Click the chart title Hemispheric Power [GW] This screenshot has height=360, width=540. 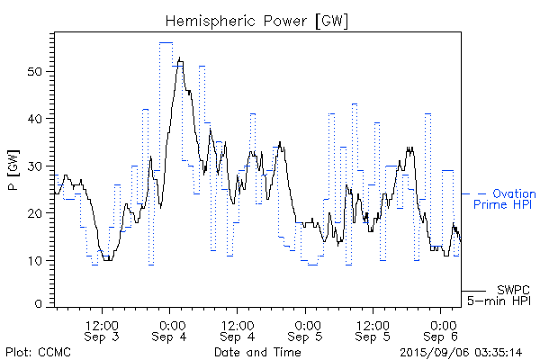256,20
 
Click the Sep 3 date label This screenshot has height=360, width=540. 102,337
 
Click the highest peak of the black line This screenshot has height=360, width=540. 180,58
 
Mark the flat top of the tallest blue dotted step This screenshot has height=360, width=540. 166,42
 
